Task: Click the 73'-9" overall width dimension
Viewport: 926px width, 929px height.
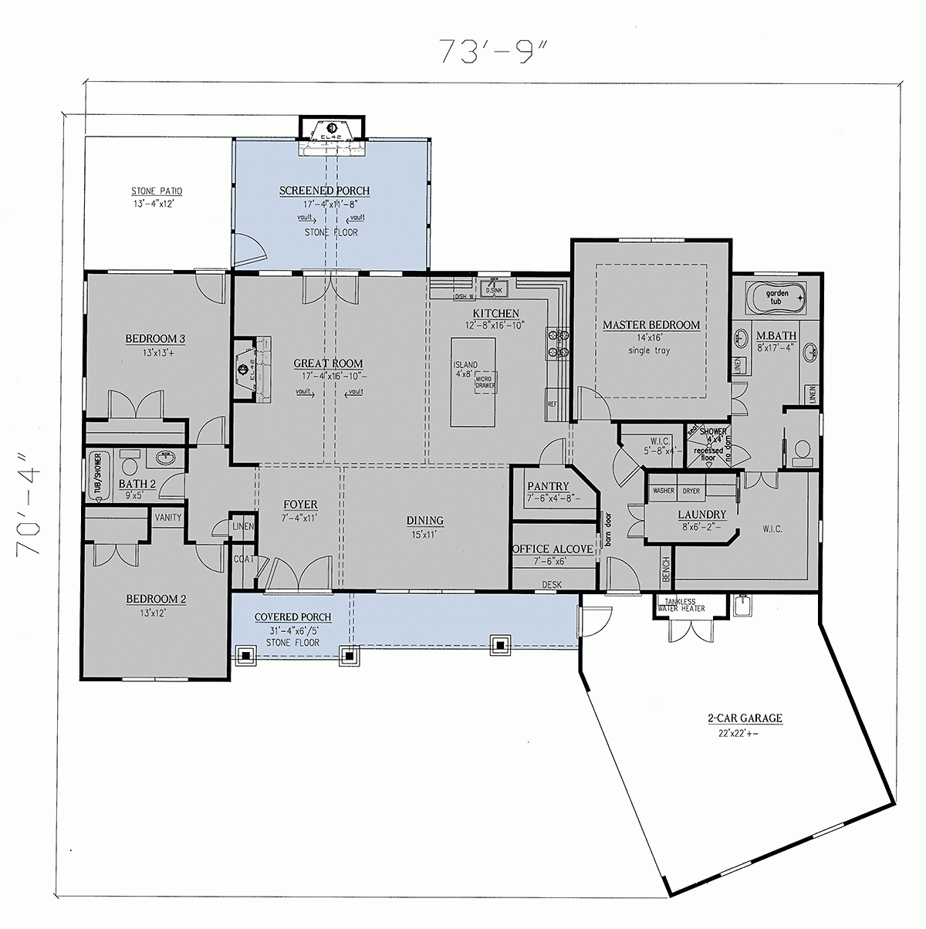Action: (493, 51)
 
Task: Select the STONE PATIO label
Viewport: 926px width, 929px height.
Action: (157, 191)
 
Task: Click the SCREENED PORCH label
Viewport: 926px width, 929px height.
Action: (324, 191)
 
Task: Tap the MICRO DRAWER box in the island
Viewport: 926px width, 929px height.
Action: (485, 380)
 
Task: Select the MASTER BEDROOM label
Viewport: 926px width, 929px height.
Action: (651, 325)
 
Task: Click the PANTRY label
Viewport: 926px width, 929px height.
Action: (548, 486)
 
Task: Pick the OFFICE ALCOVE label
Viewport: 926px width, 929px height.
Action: (553, 549)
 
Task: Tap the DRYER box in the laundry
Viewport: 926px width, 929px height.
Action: (691, 491)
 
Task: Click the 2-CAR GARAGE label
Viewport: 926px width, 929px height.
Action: (745, 718)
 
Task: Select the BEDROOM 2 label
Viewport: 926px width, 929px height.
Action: (157, 598)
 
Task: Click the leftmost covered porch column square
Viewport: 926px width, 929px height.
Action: (246, 656)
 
